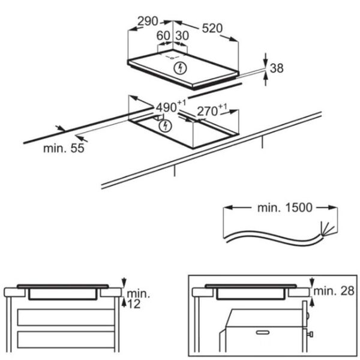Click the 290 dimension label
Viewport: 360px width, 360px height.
click(x=148, y=22)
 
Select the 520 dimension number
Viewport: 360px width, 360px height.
click(x=212, y=28)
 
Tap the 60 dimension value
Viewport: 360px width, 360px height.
click(x=163, y=35)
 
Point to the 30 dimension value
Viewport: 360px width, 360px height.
click(x=182, y=35)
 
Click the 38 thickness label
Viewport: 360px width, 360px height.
click(x=277, y=68)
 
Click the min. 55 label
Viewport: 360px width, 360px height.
click(x=64, y=148)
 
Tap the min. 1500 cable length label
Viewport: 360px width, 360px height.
click(x=285, y=208)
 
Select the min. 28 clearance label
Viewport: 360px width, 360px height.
click(x=334, y=291)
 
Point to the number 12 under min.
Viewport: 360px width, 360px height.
click(x=134, y=304)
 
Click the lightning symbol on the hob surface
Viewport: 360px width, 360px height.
click(x=180, y=68)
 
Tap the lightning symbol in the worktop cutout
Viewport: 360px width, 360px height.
click(x=166, y=126)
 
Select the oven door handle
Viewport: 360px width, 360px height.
click(x=263, y=332)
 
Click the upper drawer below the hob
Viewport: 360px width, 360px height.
click(x=66, y=317)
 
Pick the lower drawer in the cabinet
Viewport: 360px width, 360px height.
click(x=66, y=339)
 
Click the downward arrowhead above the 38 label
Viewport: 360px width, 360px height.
click(x=266, y=62)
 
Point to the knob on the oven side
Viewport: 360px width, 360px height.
click(x=310, y=334)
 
